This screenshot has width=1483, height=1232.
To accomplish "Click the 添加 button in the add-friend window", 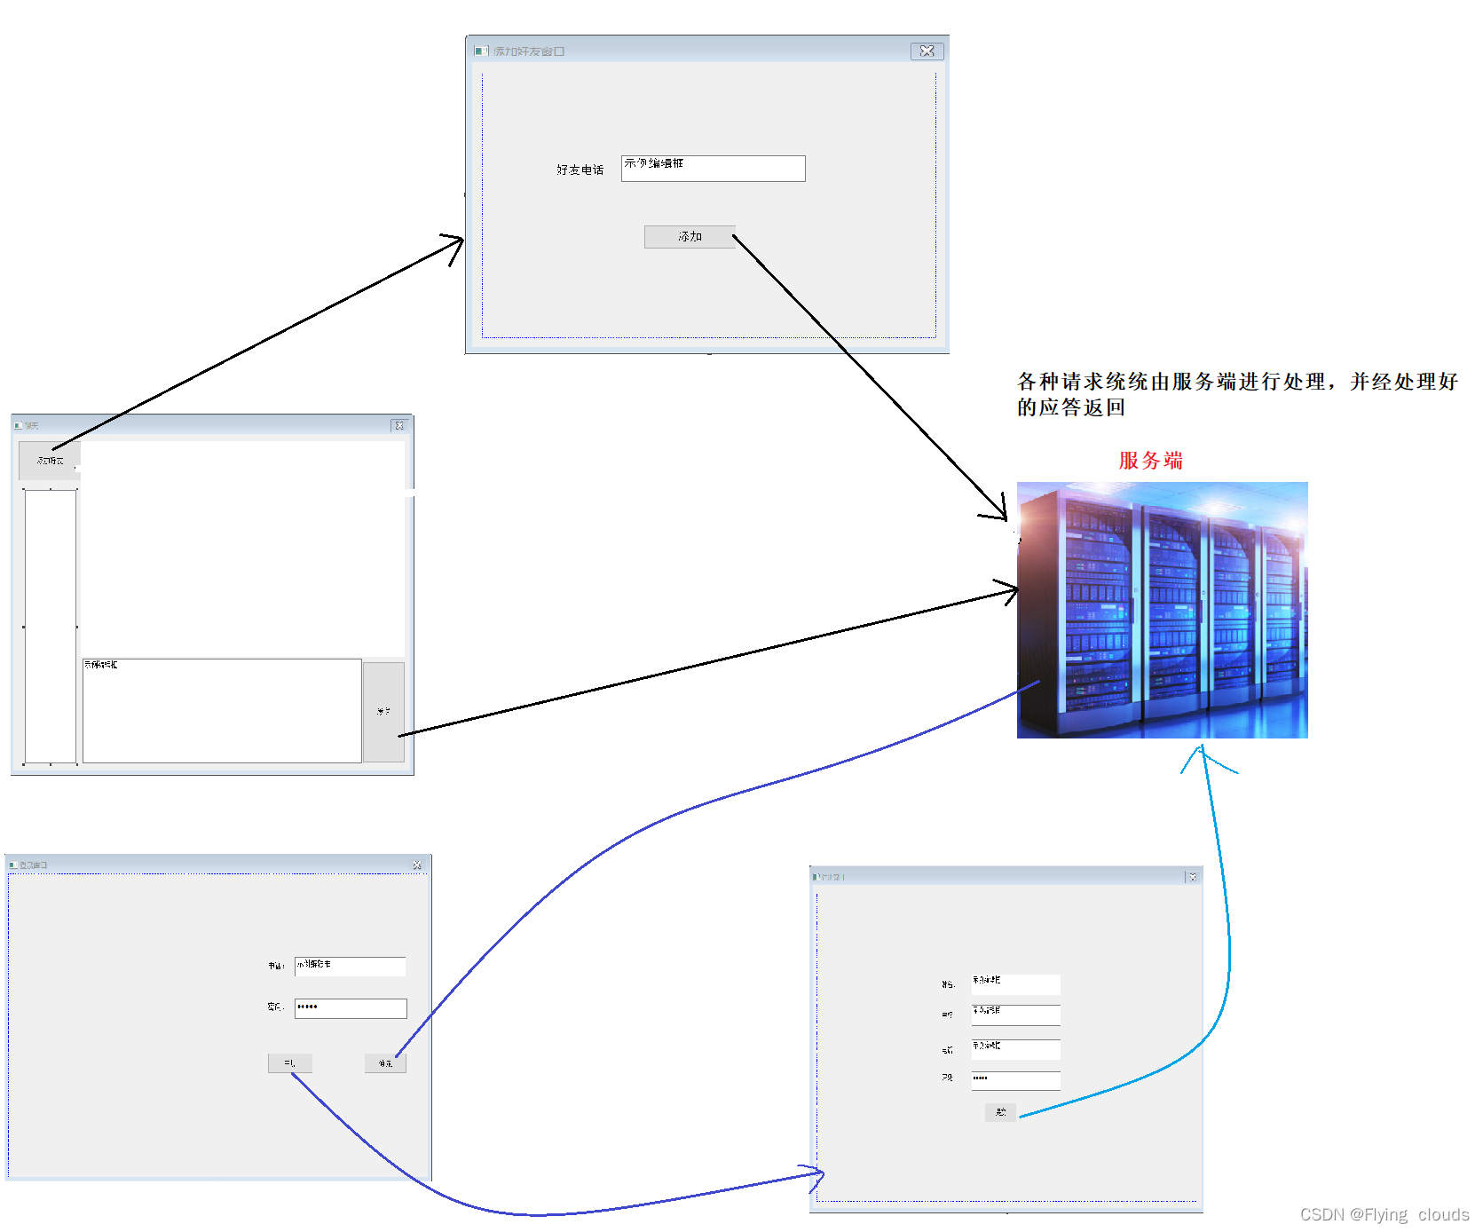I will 689,237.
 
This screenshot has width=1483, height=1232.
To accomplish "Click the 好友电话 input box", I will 713,169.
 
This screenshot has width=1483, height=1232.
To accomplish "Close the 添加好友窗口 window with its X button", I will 927,51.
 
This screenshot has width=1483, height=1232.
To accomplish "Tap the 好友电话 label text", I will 580,170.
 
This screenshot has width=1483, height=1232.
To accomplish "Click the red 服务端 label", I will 1150,461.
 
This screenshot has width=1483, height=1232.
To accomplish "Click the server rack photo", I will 1162,610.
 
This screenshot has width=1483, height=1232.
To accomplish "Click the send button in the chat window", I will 383,712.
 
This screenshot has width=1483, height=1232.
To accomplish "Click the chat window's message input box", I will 222,710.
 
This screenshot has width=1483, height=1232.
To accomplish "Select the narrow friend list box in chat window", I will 51,626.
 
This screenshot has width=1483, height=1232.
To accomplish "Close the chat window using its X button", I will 398,426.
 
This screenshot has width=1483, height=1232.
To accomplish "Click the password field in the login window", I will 351,1008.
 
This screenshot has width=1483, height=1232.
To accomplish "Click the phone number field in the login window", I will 351,966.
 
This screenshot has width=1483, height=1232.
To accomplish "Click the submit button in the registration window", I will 1000,1112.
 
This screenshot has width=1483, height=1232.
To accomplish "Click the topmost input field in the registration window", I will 1015,984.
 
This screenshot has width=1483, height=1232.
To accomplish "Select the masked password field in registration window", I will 1015,1080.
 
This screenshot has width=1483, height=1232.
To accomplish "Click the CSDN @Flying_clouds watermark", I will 1384,1214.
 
